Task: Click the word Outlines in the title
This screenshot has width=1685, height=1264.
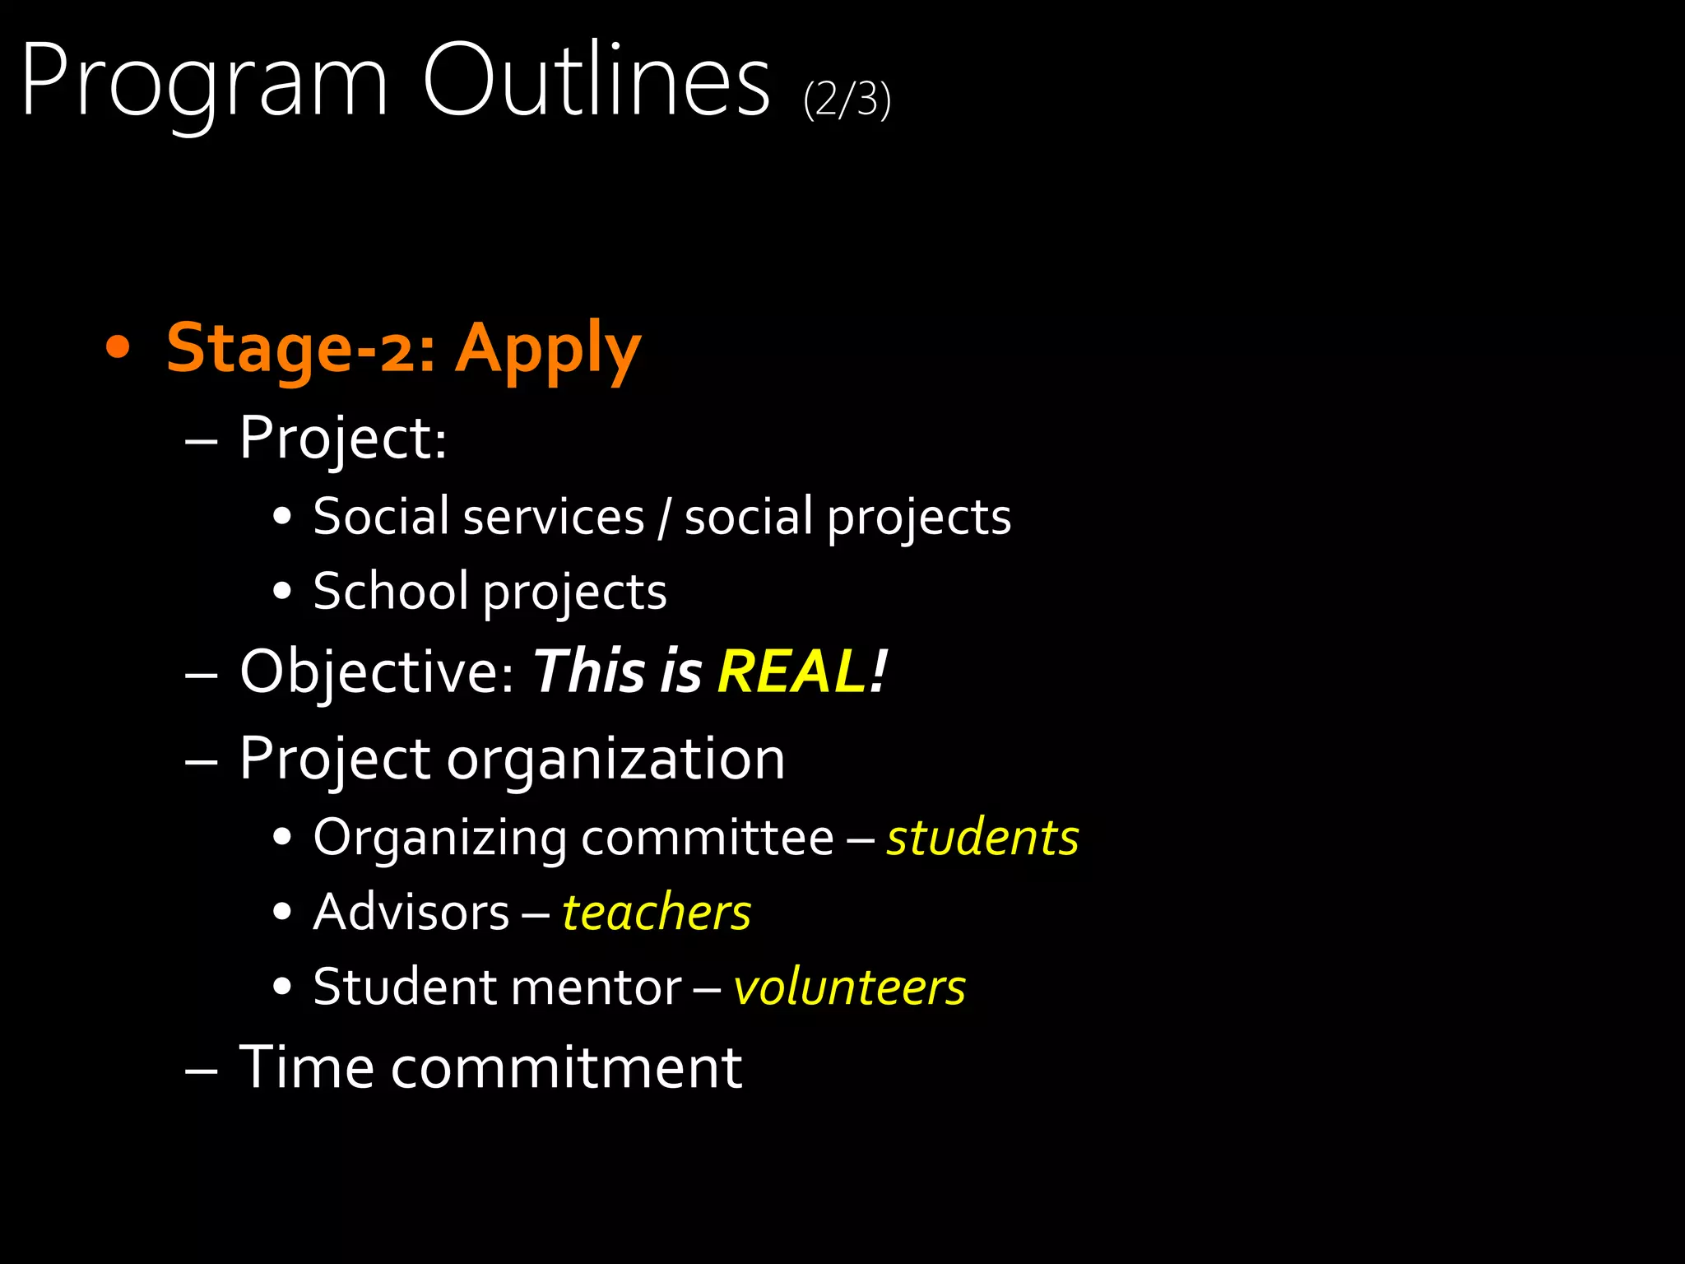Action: coord(596,81)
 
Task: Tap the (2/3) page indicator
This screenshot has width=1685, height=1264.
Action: coord(847,100)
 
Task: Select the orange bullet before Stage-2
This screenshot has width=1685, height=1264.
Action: coord(118,348)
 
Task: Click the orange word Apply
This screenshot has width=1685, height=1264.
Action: coord(547,350)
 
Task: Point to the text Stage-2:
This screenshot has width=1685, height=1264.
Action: coord(301,348)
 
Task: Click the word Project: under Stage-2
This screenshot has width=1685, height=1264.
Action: coord(342,438)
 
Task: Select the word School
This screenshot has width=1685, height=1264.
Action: coord(391,591)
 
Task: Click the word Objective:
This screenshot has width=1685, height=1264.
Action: coord(378,671)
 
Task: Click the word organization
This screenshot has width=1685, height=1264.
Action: coord(615,759)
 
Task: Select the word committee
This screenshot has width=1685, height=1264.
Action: coord(708,838)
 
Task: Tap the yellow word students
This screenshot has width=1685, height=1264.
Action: coord(982,838)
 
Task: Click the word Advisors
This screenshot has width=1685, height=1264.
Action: coord(411,913)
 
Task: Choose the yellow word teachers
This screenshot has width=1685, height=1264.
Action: coord(657,913)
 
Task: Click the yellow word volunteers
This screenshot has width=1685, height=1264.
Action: coord(849,987)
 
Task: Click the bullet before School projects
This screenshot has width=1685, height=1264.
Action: coord(282,591)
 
